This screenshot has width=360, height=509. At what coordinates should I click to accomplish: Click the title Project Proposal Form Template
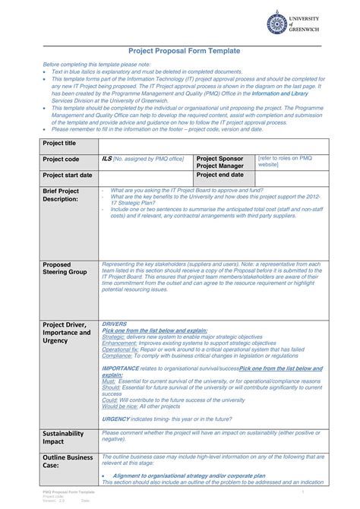(x=184, y=50)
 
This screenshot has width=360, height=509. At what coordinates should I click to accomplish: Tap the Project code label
(x=61, y=160)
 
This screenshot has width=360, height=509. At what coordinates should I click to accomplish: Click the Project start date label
(x=68, y=175)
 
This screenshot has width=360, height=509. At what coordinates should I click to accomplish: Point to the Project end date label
(x=219, y=175)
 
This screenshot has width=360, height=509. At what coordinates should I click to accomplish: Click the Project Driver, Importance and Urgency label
(x=67, y=333)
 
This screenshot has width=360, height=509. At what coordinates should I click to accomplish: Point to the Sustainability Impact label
(x=65, y=437)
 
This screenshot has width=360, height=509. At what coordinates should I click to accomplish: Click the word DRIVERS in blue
(x=114, y=324)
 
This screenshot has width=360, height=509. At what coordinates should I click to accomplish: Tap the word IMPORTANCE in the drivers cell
(x=119, y=368)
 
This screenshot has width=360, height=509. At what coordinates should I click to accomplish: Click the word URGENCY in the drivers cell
(x=115, y=419)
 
